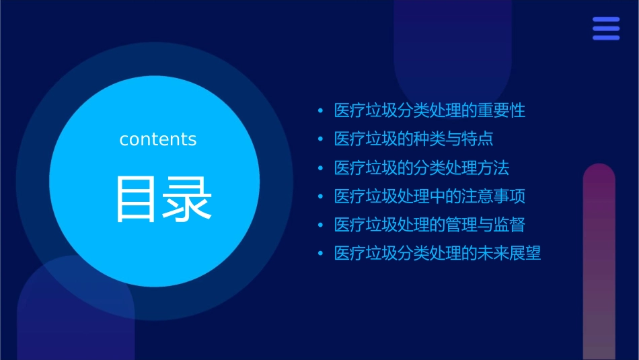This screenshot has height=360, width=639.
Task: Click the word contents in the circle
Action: pyautogui.click(x=158, y=139)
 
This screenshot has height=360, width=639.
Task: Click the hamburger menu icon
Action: pyautogui.click(x=606, y=28)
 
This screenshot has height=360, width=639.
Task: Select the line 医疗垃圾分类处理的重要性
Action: pyautogui.click(x=429, y=110)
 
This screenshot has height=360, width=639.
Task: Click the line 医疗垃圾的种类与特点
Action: pyautogui.click(x=414, y=139)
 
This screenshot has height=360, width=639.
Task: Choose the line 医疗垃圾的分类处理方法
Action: pyautogui.click(x=422, y=168)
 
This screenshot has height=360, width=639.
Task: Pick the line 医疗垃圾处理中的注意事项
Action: pyautogui.click(x=429, y=196)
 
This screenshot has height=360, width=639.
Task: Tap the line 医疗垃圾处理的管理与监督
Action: pyautogui.click(x=429, y=225)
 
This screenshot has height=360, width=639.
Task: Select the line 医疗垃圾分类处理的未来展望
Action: pyautogui.click(x=437, y=254)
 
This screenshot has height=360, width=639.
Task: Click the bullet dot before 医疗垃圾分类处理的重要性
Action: pyautogui.click(x=320, y=111)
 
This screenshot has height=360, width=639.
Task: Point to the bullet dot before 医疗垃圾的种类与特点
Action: pyautogui.click(x=320, y=139)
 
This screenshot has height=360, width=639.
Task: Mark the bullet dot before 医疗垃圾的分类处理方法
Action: pyautogui.click(x=320, y=168)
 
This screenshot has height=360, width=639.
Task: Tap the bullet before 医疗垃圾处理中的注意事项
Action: pyautogui.click(x=320, y=196)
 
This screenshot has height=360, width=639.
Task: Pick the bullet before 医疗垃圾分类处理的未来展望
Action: pyautogui.click(x=320, y=254)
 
